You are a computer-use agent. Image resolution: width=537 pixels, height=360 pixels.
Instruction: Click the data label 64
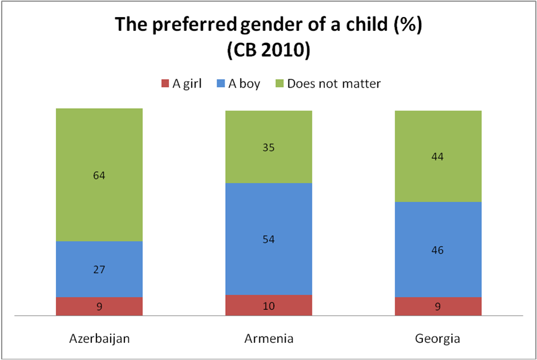[x=99, y=175]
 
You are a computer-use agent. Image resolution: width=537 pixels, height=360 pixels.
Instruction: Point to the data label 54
[x=268, y=239]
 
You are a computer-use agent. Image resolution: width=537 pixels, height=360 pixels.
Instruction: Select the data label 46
[x=438, y=250]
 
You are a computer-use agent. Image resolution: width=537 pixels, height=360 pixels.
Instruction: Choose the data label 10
[x=268, y=306]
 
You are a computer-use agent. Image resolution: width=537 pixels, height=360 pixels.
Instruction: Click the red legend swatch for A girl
[x=166, y=84]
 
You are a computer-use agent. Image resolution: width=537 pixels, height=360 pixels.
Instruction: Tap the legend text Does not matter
[x=333, y=84]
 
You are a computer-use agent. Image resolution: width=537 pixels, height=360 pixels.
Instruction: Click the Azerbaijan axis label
[x=99, y=338]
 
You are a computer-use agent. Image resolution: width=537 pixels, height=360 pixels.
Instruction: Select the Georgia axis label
[x=438, y=338]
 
